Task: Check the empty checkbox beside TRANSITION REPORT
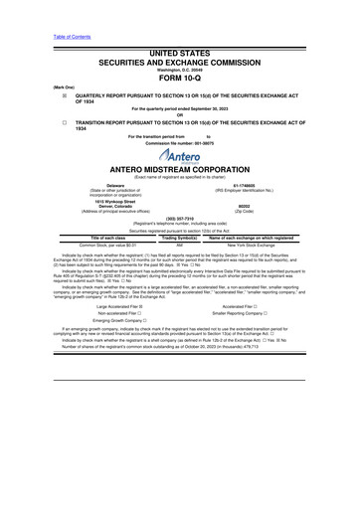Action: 36,120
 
